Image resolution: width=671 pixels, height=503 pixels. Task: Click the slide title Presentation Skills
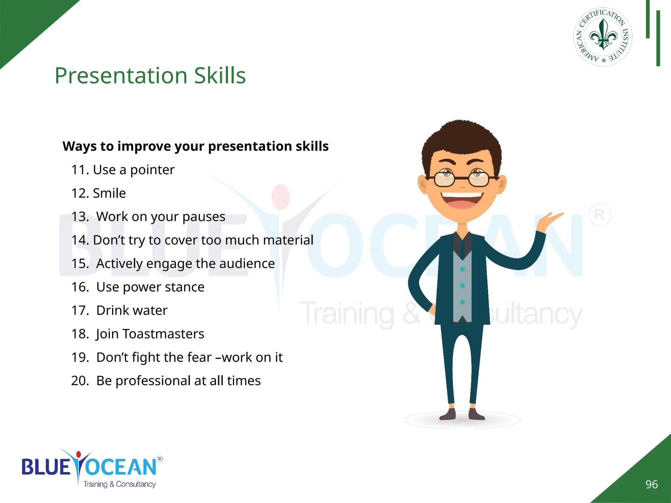150,76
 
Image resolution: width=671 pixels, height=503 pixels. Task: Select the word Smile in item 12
109,193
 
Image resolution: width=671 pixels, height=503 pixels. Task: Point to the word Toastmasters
163,334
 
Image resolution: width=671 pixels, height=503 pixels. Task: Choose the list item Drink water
131,310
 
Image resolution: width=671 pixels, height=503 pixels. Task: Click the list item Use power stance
150,287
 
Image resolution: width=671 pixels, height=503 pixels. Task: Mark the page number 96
651,484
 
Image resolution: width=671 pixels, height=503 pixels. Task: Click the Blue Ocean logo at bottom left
90,468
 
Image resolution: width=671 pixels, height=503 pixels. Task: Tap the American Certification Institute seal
603,37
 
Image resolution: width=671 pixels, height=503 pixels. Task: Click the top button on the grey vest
462,269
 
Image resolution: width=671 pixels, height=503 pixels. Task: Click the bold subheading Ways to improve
195,146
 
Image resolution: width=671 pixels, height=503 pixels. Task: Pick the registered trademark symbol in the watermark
600,215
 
